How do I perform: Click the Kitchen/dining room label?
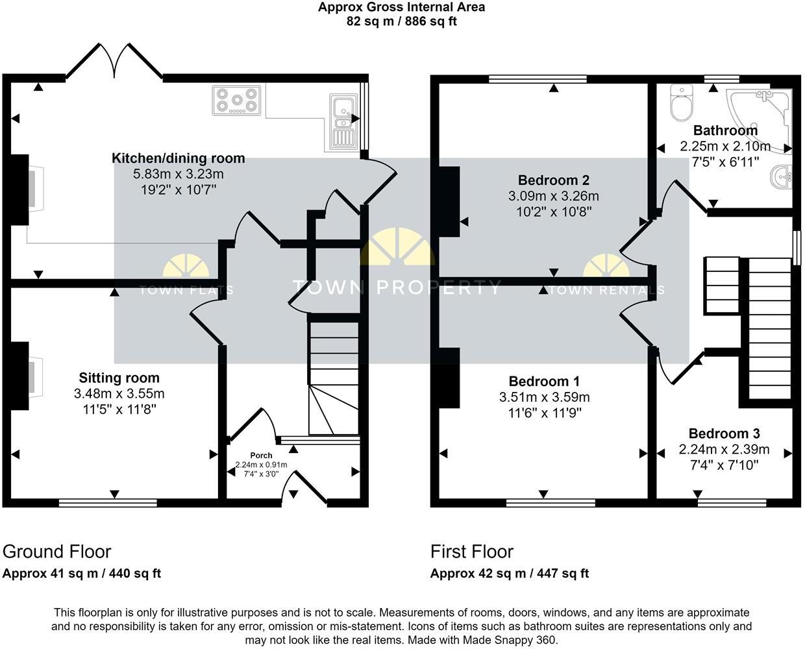[179, 158]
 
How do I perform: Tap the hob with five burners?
[236, 101]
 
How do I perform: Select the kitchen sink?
[341, 121]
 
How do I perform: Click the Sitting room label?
[119, 378]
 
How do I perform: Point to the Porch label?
[262, 456]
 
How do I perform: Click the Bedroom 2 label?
[554, 180]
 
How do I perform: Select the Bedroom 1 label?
[544, 381]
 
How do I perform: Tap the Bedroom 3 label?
[724, 434]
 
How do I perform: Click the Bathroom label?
[725, 130]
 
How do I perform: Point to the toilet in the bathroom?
[682, 104]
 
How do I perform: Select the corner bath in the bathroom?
[766, 117]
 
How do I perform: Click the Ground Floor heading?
[57, 552]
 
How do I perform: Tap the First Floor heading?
[472, 552]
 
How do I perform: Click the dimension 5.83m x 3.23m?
[179, 174]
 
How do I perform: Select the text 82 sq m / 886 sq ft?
[401, 21]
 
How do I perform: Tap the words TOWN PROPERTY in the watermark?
[396, 288]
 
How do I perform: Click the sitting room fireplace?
[29, 377]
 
